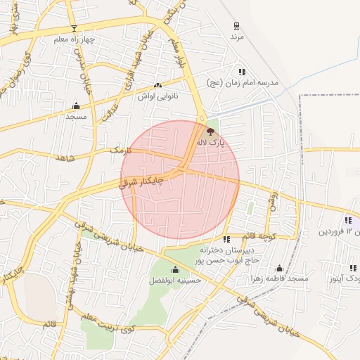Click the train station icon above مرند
tap(236, 26)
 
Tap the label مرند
tap(236, 37)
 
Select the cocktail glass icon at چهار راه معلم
tap(75, 28)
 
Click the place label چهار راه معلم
tap(73, 39)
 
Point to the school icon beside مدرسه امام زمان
tap(242, 72)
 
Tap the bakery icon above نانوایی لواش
tap(157, 86)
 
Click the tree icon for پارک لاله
tap(210, 131)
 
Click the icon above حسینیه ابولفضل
tap(175, 270)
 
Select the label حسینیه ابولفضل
tap(175, 281)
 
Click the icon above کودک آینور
tap(353, 268)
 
